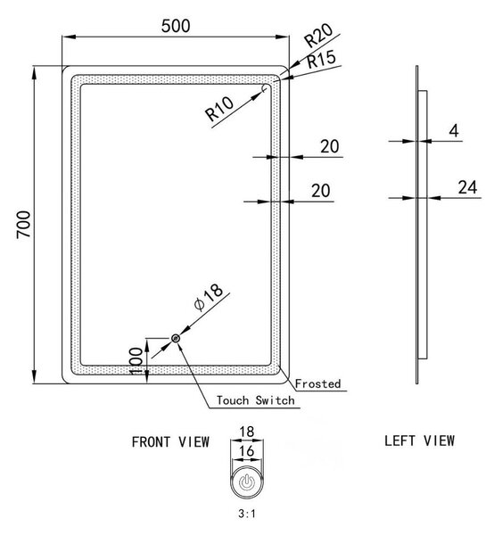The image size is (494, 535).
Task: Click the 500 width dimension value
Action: pyautogui.click(x=176, y=26)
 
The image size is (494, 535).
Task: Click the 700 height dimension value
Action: pyautogui.click(x=24, y=225)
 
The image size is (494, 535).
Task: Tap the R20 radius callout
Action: pyautogui.click(x=318, y=35)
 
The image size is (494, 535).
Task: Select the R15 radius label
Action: pyautogui.click(x=321, y=60)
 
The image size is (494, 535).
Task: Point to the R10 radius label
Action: pyautogui.click(x=219, y=109)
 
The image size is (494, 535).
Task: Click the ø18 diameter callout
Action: pyautogui.click(x=209, y=297)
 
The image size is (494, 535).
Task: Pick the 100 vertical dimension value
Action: pyautogui.click(x=136, y=361)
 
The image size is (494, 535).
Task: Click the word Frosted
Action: pyautogui.click(x=318, y=383)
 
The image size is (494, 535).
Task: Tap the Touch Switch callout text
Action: pyautogui.click(x=256, y=400)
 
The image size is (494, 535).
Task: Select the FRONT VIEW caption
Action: pyautogui.click(x=170, y=442)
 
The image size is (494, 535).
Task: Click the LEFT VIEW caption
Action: pyautogui.click(x=420, y=440)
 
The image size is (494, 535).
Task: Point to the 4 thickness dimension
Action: pyautogui.click(x=454, y=130)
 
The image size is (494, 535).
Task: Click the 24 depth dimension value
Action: pyautogui.click(x=467, y=187)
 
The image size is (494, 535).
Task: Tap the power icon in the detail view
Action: pyautogui.click(x=246, y=482)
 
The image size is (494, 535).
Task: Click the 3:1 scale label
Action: pyautogui.click(x=247, y=514)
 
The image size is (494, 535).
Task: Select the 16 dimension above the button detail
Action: pyautogui.click(x=246, y=451)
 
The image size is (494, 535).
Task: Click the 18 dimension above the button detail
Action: pyautogui.click(x=246, y=432)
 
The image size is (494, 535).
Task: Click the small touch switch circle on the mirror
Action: pyautogui.click(x=176, y=339)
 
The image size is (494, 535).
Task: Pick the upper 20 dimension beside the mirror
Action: pyautogui.click(x=330, y=146)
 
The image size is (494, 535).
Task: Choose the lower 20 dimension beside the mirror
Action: pyautogui.click(x=321, y=191)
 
